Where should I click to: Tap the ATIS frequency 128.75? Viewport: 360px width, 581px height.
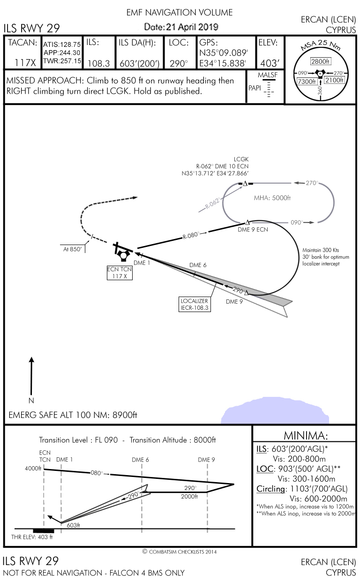(x=68, y=45)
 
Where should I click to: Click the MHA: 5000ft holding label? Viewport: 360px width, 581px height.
(x=272, y=198)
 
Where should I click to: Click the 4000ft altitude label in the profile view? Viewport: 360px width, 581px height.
(x=33, y=468)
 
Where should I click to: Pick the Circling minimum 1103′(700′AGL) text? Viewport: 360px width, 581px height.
(x=303, y=489)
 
